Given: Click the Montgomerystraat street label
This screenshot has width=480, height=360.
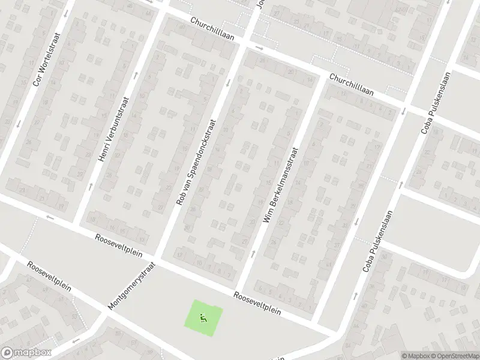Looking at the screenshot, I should pyautogui.click(x=131, y=286).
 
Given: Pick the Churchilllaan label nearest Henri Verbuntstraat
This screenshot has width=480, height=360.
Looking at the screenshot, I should pyautogui.click(x=212, y=28).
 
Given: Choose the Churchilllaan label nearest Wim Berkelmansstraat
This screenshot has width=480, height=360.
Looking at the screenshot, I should pyautogui.click(x=352, y=85).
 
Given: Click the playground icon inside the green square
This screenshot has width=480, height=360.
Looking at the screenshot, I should pyautogui.click(x=203, y=318).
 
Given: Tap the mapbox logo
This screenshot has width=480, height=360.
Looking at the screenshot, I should pyautogui.click(x=26, y=353).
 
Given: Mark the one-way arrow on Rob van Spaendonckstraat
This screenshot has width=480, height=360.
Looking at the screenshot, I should pyautogui.click(x=227, y=83).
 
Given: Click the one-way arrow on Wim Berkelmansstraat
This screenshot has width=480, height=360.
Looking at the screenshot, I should pyautogui.click(x=253, y=253).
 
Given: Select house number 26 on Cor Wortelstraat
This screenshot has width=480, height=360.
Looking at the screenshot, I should pyautogui.click(x=28, y=142).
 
